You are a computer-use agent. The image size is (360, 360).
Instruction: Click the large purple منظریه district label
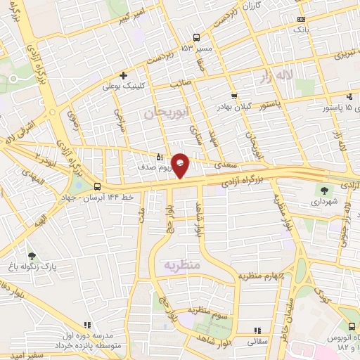pos(183,265)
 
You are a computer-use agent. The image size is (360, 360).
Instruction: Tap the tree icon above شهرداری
pos(324,189)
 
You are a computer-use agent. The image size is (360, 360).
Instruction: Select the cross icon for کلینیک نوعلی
pos(124,75)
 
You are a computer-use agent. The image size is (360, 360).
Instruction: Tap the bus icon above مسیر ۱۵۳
pos(197,37)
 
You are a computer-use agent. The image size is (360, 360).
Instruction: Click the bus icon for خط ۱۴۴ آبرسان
pos(96,187)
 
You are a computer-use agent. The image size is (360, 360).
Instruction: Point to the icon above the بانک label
pos(302,19)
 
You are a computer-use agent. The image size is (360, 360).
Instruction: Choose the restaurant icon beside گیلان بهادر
pos(234,97)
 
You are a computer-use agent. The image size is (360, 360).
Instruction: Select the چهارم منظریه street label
pos(262,276)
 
